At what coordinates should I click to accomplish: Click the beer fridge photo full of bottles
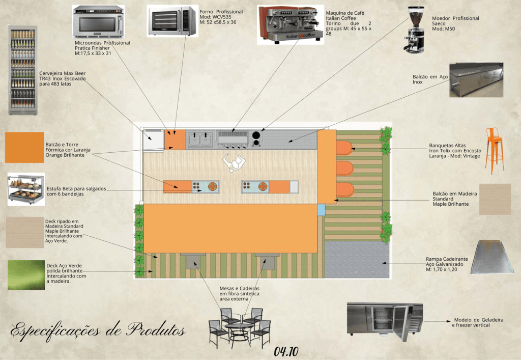22,70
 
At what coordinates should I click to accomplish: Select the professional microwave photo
98,22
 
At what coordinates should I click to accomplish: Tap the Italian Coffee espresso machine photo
291,24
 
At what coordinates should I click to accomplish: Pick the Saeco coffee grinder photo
415,30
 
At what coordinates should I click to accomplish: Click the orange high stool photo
494,151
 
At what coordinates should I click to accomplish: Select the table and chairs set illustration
240,328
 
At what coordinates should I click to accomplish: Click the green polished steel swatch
26,275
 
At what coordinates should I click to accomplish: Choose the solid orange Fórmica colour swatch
24,147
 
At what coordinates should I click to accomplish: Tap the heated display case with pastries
26,189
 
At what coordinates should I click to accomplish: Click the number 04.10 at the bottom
286,351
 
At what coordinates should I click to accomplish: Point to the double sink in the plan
200,140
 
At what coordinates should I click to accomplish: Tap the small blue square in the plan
321,210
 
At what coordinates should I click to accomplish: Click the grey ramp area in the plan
357,260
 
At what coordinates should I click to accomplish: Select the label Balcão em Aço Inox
430,79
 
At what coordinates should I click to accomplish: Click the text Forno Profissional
221,12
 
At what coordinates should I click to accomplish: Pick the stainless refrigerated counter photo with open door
385,321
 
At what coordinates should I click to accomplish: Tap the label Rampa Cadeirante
447,259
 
